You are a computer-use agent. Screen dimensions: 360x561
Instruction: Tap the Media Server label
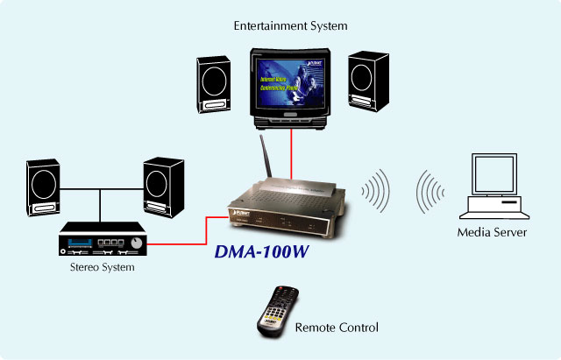pyautogui.click(x=492, y=232)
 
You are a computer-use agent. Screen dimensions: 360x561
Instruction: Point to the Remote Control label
pyautogui.click(x=337, y=328)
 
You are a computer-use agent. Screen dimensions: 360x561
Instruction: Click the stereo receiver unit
pyautogui.click(x=103, y=239)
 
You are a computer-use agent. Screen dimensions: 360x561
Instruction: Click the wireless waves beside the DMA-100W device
pyautogui.click(x=376, y=187)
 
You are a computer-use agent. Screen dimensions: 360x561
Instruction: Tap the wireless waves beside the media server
pyautogui.click(x=430, y=187)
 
